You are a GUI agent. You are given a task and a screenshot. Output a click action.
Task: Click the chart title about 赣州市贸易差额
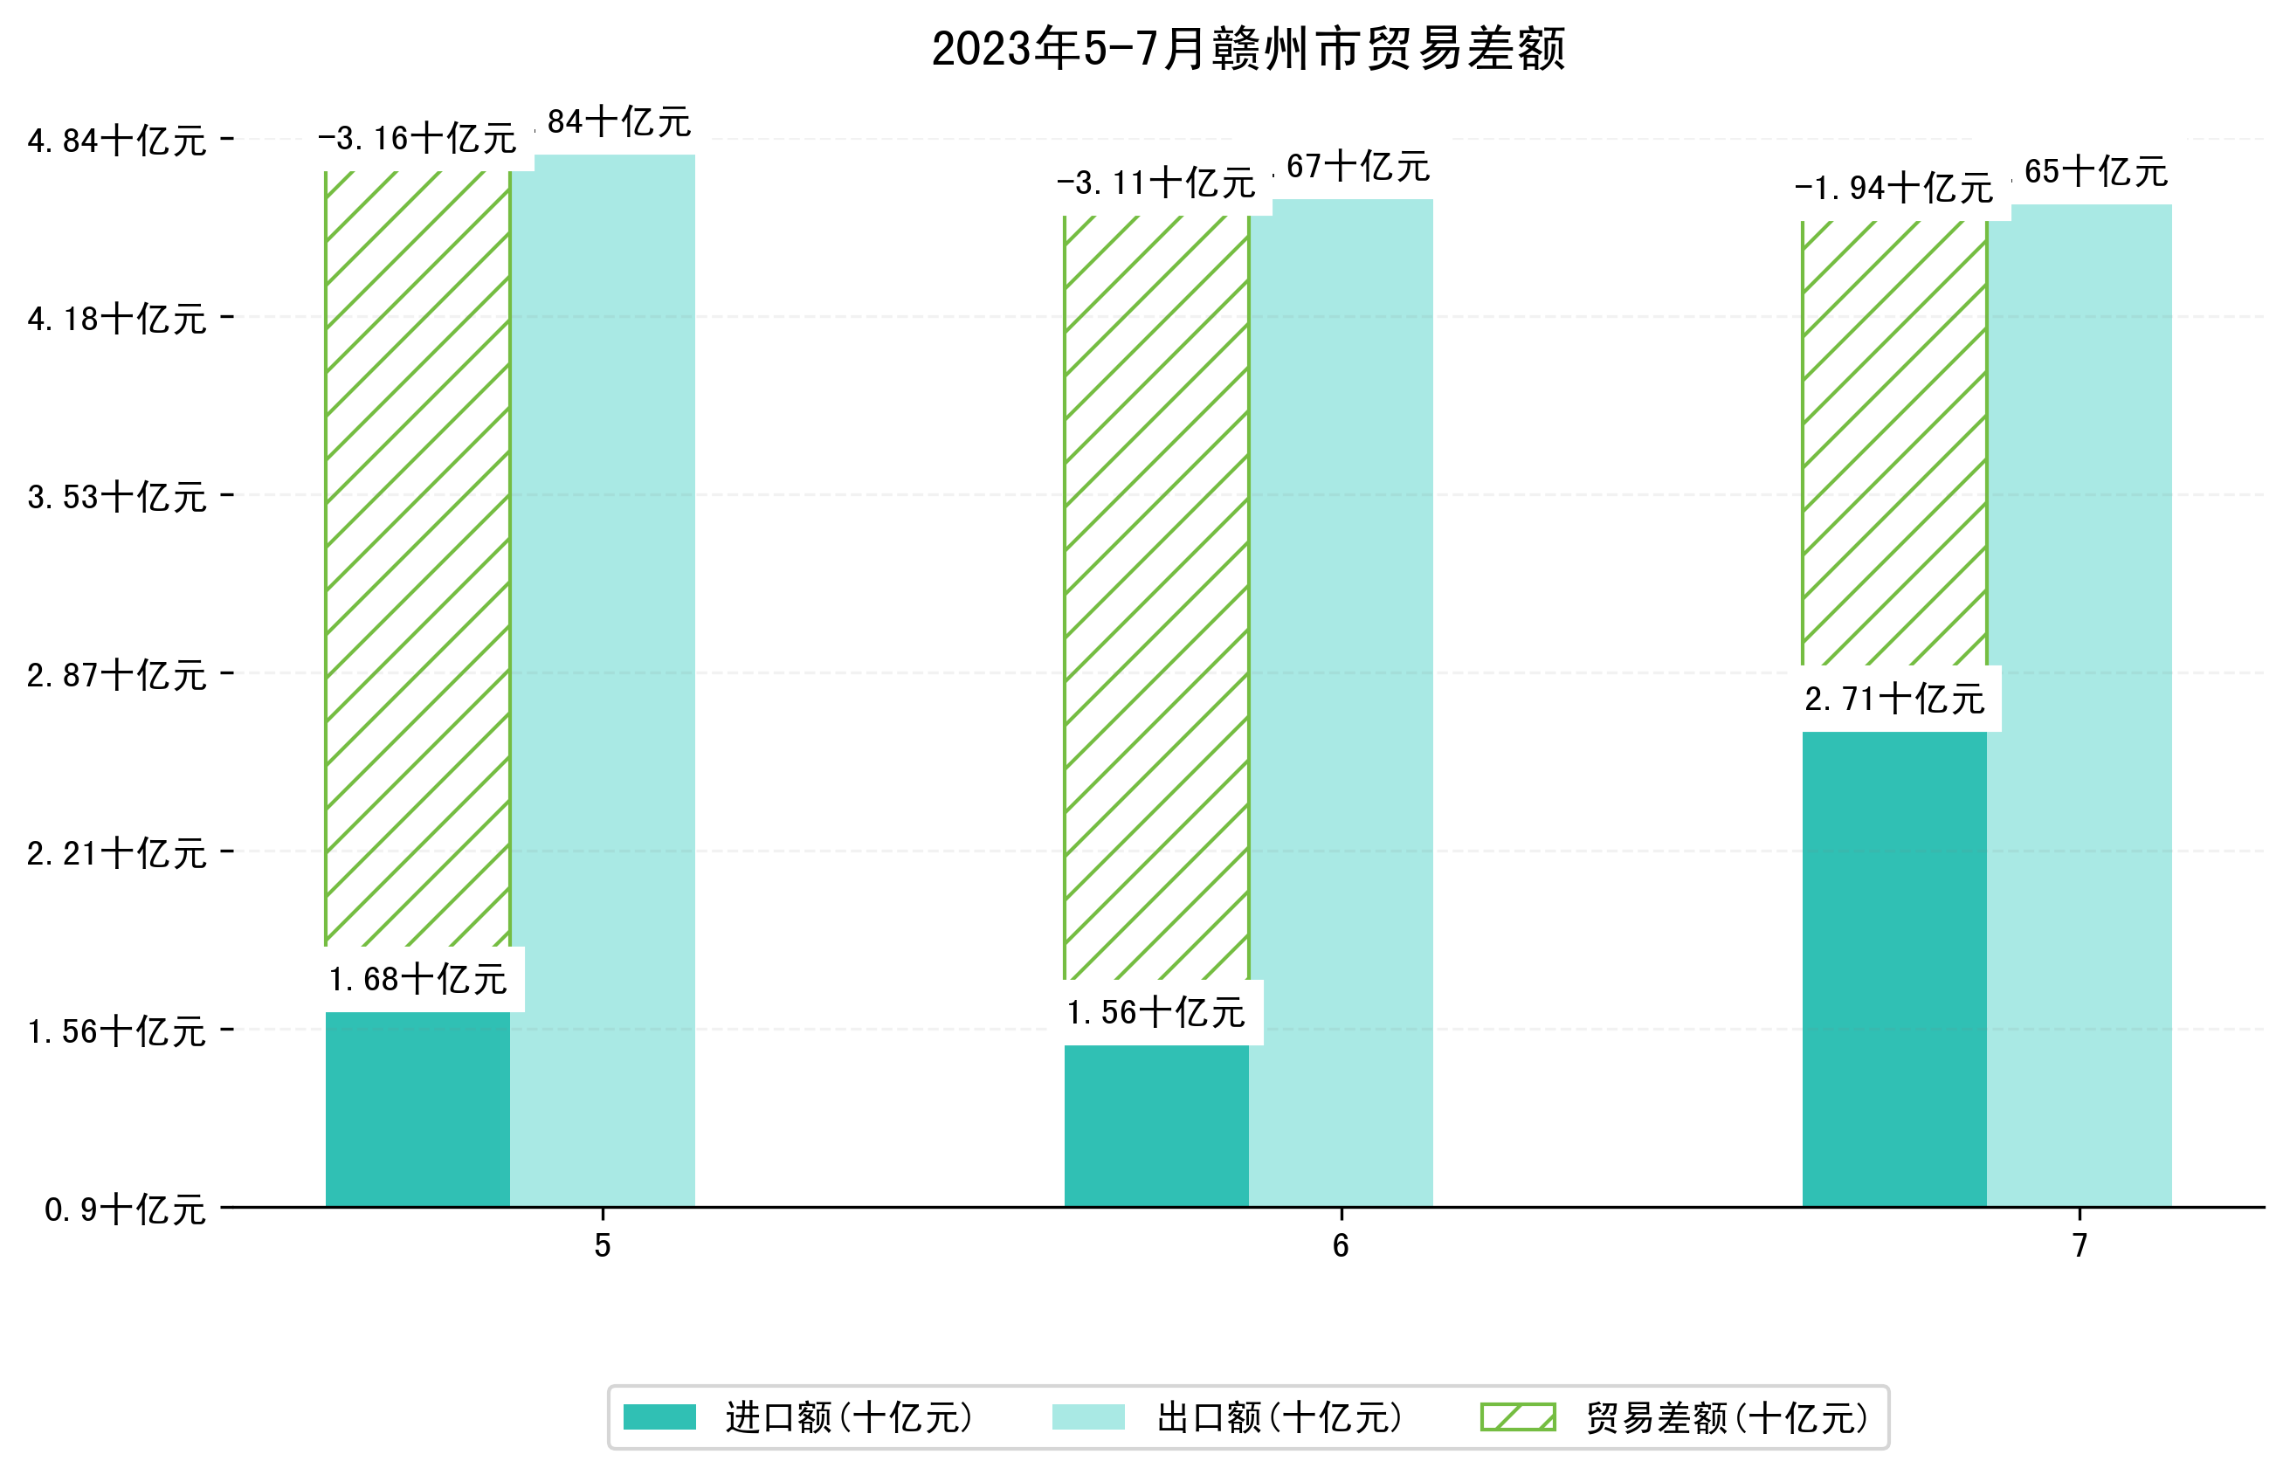pos(1247,49)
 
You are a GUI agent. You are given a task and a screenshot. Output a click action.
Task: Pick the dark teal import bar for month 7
pos(1893,968)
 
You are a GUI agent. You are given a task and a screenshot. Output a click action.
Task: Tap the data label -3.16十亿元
pos(417,140)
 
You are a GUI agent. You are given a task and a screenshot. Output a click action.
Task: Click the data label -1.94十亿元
pos(1893,189)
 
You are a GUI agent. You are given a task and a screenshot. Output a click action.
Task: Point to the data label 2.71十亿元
pos(1893,700)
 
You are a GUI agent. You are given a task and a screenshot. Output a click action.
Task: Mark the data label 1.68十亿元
pos(417,979)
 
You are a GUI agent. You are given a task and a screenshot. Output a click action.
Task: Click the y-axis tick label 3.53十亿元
pos(117,497)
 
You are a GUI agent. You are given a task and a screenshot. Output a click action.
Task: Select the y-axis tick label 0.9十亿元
pos(125,1210)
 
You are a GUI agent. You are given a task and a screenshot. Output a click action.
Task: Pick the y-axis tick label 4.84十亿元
pos(117,141)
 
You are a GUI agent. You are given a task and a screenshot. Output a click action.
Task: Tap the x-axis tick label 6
pos(1340,1245)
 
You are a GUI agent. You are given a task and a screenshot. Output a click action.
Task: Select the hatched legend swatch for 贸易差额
pos(1517,1417)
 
